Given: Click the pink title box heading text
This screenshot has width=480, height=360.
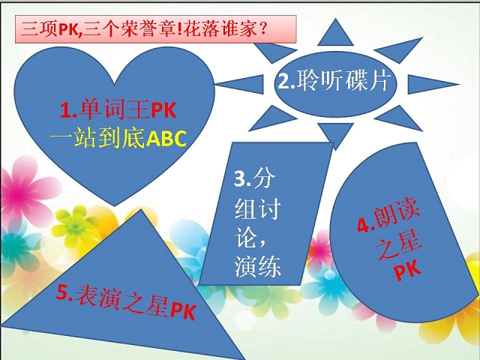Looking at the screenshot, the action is pos(143,29).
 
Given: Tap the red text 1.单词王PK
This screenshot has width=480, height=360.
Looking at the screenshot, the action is pos(118,110).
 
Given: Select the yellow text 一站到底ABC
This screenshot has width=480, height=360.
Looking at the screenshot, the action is pos(118,138).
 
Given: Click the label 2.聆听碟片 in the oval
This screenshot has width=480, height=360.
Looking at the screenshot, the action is pos(333,81).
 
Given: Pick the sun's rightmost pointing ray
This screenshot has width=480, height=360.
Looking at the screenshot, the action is pos(433,84).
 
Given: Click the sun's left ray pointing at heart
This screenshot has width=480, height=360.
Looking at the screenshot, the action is pos(240,84).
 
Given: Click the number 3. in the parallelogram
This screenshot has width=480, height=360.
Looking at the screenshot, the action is pos(242,178).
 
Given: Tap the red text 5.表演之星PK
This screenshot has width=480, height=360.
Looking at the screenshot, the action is pos(126,301).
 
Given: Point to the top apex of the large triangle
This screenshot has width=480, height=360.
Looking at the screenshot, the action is pos(141,209).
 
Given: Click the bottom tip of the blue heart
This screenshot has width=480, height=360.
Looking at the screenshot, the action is pos(115,206).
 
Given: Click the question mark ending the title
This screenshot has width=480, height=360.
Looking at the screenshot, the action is pos(262,28).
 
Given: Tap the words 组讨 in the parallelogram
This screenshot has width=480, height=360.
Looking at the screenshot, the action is pos(258,208).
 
